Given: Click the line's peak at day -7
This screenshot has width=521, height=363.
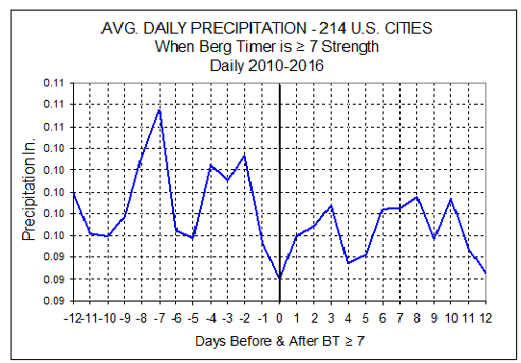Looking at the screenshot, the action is click(x=160, y=109).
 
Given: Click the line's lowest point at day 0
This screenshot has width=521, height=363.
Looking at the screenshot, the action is click(x=280, y=278).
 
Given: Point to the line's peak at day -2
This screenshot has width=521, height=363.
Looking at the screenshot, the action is click(x=244, y=156).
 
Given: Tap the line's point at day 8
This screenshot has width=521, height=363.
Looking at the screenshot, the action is click(x=417, y=197).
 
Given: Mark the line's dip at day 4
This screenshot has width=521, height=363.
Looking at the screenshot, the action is click(x=348, y=263).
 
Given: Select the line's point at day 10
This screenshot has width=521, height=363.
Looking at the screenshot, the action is click(x=451, y=199).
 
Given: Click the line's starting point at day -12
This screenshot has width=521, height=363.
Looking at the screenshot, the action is click(x=73, y=192).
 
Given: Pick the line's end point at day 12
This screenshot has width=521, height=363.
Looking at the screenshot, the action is click(x=485, y=273).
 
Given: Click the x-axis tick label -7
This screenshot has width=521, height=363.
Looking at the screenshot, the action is click(x=160, y=319).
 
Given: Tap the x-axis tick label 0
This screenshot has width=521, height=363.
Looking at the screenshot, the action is click(x=280, y=319).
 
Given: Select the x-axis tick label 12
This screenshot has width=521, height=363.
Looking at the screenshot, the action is click(x=485, y=319).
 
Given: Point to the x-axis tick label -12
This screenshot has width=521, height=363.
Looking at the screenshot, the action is click(x=73, y=319).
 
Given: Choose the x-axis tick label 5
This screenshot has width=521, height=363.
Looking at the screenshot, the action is click(x=365, y=319).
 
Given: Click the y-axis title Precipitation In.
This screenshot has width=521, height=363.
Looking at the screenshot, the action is click(x=29, y=189).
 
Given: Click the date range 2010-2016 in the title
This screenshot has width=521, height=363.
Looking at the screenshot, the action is click(x=285, y=65).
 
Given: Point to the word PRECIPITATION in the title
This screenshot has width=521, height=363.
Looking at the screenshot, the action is click(x=248, y=28).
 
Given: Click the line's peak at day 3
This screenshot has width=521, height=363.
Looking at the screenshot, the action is click(x=331, y=206).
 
